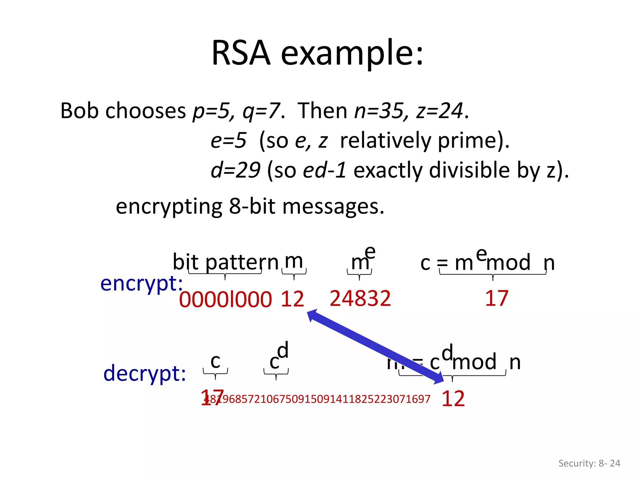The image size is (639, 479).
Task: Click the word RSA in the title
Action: tap(241, 53)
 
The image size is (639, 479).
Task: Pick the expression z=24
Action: tap(439, 111)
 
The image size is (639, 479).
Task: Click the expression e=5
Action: tap(228, 140)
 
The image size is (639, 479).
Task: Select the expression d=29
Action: tap(235, 170)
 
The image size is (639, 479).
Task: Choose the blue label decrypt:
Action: tap(144, 373)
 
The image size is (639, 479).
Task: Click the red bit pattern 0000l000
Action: tap(225, 299)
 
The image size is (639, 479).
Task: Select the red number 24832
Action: tap(360, 298)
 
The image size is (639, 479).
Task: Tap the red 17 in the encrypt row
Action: tap(496, 298)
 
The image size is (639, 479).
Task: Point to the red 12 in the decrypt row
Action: tap(453, 399)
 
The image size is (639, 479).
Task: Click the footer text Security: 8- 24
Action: tap(589, 463)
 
